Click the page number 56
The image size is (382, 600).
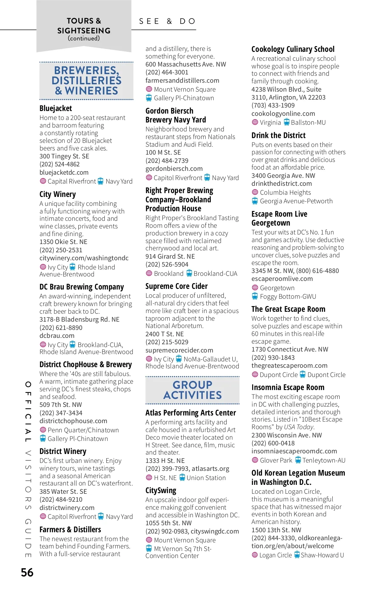(27, 572)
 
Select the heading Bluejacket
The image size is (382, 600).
(56, 108)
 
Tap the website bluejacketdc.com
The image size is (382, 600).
(64, 172)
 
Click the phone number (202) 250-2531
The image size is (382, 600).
(61, 250)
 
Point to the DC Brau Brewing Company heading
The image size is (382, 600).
(81, 287)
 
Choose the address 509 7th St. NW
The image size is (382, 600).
(60, 405)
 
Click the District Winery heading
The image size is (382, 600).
(63, 451)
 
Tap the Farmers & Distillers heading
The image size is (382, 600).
(70, 530)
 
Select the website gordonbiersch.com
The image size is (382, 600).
(174, 169)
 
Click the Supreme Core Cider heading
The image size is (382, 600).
(176, 286)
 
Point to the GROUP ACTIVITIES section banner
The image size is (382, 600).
(192, 390)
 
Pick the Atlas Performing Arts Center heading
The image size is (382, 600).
(191, 413)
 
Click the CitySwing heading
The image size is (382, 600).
(161, 491)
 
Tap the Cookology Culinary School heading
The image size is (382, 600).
(293, 49)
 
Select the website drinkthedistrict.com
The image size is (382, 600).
(281, 184)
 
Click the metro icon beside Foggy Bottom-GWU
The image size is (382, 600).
(255, 297)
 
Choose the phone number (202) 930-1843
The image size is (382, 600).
(273, 358)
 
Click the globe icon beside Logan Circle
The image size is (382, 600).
(255, 555)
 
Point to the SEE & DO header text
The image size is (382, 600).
(167, 21)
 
